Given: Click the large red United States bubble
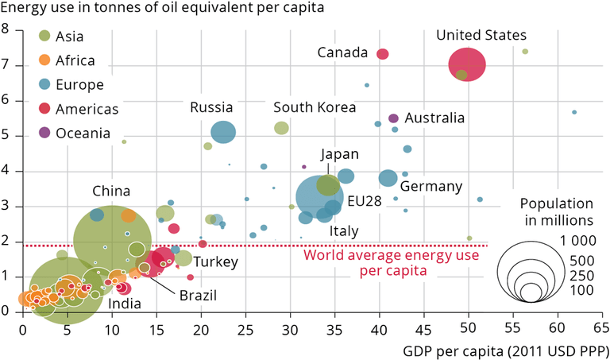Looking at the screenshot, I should (x=467, y=64).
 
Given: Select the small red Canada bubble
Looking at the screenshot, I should (x=382, y=54).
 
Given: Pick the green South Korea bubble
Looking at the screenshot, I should (x=281, y=128).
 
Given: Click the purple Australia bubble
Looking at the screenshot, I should (x=393, y=118).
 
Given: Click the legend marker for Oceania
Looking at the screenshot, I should (x=45, y=133).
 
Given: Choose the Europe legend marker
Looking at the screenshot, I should (x=45, y=84).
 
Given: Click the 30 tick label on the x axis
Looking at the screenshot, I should (x=290, y=329).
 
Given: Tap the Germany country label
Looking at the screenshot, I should (x=430, y=187).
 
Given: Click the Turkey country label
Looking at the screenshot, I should (x=210, y=261).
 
